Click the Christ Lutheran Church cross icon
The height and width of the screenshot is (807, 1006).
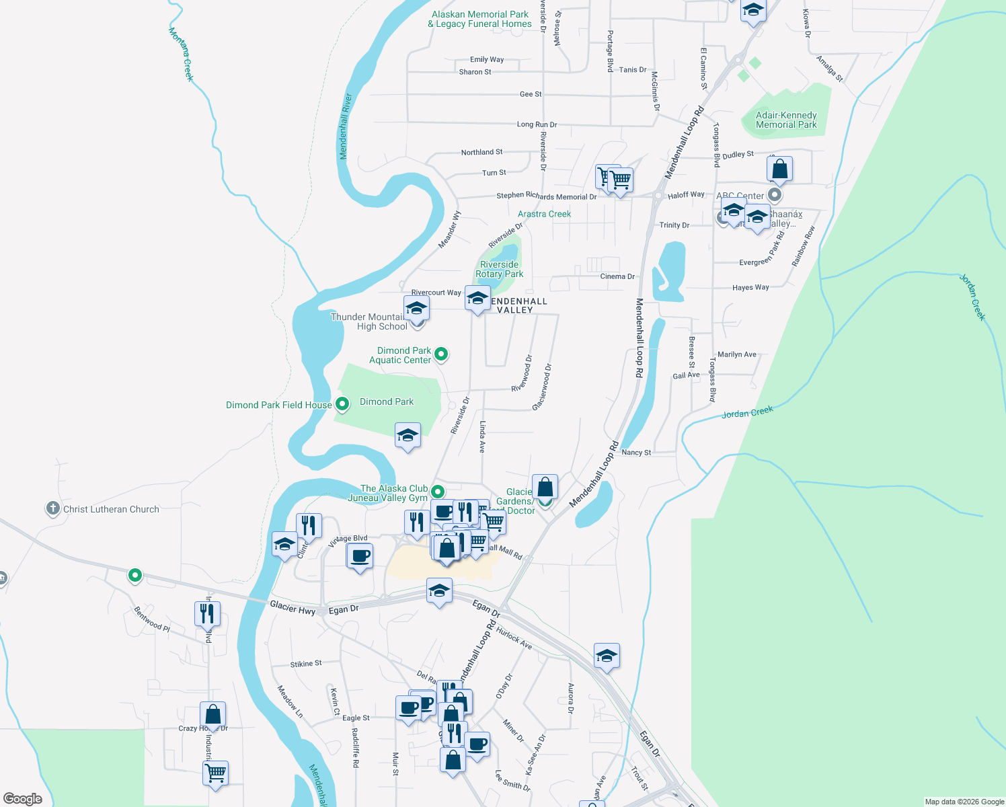pyautogui.click(x=53, y=508)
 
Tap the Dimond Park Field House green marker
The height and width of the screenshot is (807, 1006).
pyautogui.click(x=342, y=404)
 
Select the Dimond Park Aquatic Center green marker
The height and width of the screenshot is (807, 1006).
pyautogui.click(x=441, y=353)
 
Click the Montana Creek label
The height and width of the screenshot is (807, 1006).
pyautogui.click(x=181, y=54)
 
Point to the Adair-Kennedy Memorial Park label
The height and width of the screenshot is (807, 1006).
pyautogui.click(x=786, y=120)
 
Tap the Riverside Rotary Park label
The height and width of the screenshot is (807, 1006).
pyautogui.click(x=499, y=269)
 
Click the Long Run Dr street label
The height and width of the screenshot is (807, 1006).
pyautogui.click(x=537, y=124)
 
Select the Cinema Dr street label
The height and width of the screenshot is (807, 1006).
pyautogui.click(x=617, y=276)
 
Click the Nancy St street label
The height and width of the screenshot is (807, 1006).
pyautogui.click(x=636, y=453)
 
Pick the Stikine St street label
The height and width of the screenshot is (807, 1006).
pyautogui.click(x=306, y=664)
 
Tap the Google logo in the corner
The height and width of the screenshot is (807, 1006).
pyautogui.click(x=22, y=798)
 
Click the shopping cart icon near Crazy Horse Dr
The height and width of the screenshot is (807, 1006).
pyautogui.click(x=215, y=773)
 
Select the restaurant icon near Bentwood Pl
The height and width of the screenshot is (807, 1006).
pyautogui.click(x=207, y=613)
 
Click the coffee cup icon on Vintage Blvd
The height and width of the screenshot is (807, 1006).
pyautogui.click(x=360, y=555)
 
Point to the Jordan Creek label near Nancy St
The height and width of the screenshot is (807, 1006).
pyautogui.click(x=747, y=412)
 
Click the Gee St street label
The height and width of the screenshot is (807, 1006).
pyautogui.click(x=531, y=94)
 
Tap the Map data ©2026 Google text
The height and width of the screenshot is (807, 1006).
pyautogui.click(x=964, y=801)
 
